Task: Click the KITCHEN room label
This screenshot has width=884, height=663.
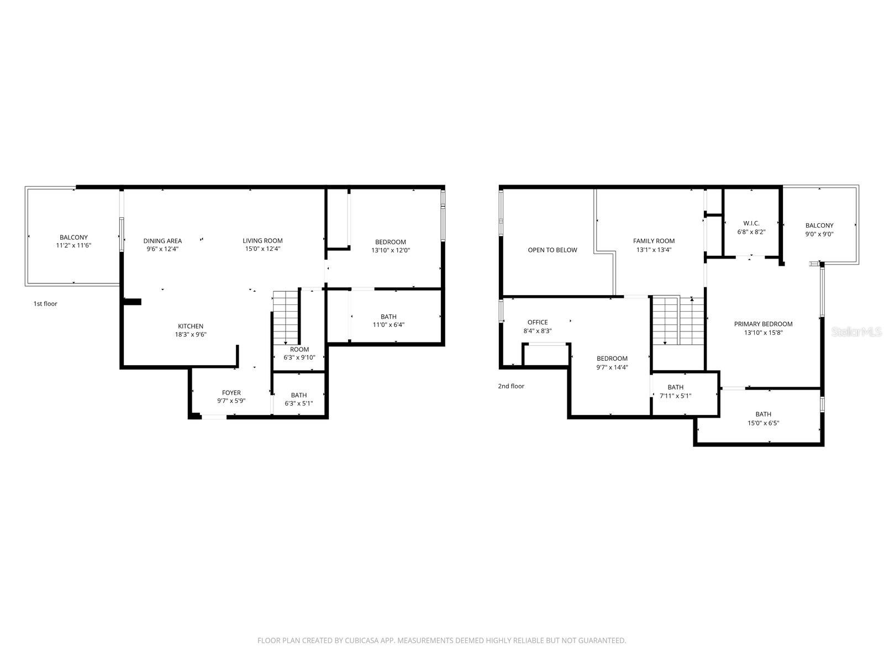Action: (191, 326)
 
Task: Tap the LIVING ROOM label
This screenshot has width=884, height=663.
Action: (262, 240)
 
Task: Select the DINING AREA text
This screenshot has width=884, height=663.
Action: (162, 240)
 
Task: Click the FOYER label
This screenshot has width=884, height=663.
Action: (231, 393)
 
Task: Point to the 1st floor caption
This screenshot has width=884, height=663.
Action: (45, 304)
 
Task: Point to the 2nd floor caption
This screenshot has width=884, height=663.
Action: (511, 386)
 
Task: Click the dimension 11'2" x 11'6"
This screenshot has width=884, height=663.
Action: (73, 245)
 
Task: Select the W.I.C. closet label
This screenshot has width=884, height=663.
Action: (751, 223)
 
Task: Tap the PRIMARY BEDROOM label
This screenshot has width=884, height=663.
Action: (763, 324)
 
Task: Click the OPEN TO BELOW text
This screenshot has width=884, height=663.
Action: (552, 250)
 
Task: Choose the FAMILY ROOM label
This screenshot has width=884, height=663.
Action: (654, 240)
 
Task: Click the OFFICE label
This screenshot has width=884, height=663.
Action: (538, 322)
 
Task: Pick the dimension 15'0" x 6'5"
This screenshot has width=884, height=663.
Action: (763, 423)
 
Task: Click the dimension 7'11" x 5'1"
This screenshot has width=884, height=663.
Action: (675, 396)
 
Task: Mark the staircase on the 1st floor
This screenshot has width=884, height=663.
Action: (286, 318)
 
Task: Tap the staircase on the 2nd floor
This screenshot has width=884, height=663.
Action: (678, 320)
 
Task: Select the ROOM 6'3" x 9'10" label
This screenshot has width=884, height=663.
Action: (299, 349)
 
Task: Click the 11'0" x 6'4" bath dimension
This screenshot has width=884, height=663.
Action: (388, 325)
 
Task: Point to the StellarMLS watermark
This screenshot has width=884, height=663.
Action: (856, 331)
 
